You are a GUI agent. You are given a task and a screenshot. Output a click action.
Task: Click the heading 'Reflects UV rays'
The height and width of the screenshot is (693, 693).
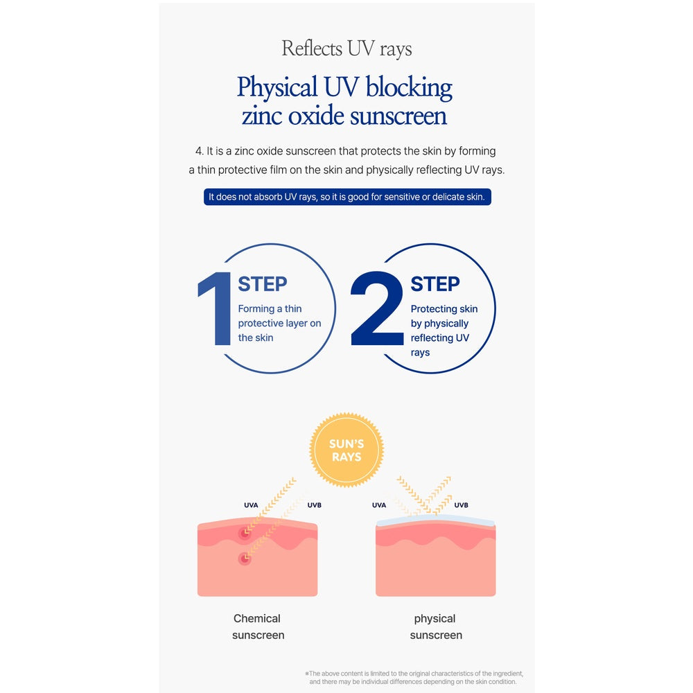click(346, 49)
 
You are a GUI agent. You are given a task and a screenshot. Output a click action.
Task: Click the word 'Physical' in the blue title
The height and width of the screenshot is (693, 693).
click(277, 87)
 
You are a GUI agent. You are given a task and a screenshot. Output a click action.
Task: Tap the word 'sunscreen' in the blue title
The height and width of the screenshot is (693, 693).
click(398, 116)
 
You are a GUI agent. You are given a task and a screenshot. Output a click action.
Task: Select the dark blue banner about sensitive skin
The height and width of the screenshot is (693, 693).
click(347, 197)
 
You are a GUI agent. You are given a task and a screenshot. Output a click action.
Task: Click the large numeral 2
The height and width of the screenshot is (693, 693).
click(377, 308)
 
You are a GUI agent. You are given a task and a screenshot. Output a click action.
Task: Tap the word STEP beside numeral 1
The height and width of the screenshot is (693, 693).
click(263, 283)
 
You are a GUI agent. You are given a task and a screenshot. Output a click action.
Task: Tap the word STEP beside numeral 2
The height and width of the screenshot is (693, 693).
click(435, 283)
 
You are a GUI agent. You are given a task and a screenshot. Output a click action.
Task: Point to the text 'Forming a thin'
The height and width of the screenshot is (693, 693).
click(270, 308)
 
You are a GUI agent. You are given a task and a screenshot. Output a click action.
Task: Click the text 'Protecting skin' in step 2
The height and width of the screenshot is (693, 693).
click(444, 309)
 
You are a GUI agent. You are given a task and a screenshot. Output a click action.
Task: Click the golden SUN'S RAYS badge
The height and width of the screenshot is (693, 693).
click(346, 450)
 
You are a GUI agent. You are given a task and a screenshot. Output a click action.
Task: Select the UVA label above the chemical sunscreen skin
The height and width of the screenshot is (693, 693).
click(251, 505)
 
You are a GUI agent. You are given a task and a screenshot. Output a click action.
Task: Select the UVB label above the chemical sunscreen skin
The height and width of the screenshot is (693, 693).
click(314, 505)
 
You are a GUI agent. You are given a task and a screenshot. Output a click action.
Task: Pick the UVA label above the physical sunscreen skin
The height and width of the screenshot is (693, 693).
click(379, 505)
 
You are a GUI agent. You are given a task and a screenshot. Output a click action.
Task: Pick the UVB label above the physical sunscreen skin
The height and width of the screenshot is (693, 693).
click(461, 505)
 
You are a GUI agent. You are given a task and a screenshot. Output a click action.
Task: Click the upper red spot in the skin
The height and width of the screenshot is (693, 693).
click(245, 533)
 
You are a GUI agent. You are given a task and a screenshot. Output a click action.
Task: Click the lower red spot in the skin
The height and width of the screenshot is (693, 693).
click(245, 559)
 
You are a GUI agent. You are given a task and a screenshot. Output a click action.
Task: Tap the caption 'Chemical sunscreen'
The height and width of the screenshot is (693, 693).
click(258, 626)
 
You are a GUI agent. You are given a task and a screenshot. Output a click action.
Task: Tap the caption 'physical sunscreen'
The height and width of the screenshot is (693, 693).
click(436, 626)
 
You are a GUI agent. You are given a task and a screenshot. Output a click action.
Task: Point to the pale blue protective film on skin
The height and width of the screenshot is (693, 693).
click(435, 520)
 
